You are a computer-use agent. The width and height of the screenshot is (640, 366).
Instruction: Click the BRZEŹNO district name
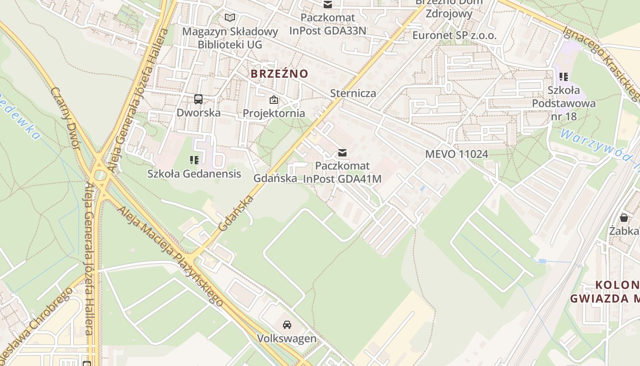tap(279, 74)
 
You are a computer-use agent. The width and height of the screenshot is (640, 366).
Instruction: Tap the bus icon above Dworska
tap(198, 99)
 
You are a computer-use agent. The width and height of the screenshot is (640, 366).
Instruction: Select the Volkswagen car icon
tap(287, 325)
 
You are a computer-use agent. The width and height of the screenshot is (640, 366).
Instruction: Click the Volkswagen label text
tap(287, 339)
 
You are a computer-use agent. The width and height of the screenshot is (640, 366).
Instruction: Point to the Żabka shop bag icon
tap(624, 217)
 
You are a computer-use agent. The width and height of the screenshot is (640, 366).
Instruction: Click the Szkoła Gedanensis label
tap(194, 174)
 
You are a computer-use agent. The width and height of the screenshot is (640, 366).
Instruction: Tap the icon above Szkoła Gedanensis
tap(194, 160)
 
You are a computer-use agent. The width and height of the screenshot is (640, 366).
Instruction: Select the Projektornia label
tap(274, 113)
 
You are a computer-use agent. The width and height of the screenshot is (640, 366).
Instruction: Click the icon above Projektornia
tap(274, 100)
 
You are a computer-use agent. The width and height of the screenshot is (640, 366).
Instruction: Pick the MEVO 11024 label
tap(457, 154)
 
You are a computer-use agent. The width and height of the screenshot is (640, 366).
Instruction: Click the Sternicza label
tap(353, 93)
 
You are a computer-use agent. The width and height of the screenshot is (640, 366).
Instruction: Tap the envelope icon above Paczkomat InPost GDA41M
tap(342, 152)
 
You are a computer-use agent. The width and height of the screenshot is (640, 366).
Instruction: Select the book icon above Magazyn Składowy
tap(230, 18)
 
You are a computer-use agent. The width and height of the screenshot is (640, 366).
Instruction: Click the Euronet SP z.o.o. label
tap(454, 36)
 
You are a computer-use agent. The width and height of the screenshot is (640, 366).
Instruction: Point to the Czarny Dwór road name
tap(66, 118)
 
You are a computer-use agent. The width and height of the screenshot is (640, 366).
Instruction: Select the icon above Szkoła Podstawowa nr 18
tap(564, 77)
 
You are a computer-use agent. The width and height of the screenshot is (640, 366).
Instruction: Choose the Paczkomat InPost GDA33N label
tap(328, 24)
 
